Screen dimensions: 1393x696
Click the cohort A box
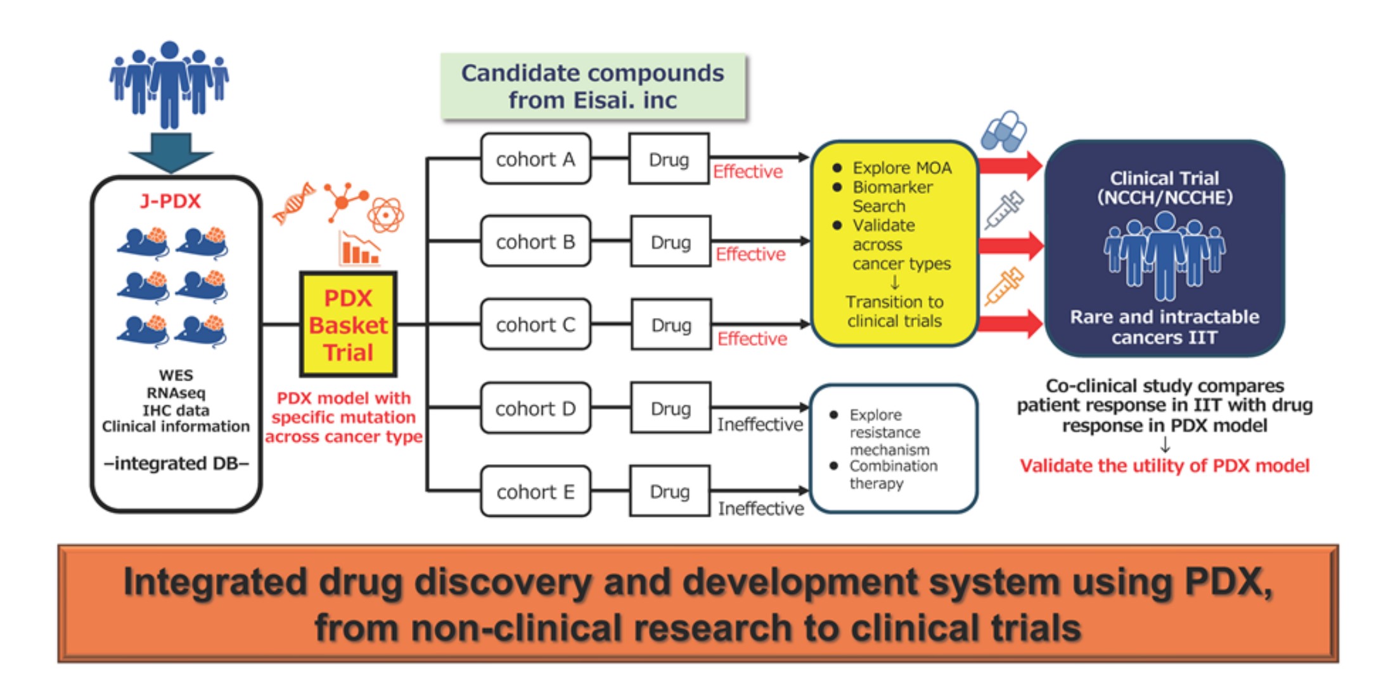[x=536, y=159]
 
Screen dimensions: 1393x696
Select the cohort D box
[x=536, y=408]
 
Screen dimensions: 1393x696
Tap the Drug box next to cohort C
[x=671, y=325]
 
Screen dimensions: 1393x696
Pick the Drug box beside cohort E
[x=669, y=491]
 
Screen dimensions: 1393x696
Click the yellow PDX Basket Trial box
[x=348, y=325]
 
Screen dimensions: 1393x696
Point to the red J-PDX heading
[x=170, y=201]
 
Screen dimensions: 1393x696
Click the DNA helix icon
[x=294, y=203]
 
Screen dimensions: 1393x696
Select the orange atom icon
[x=385, y=215]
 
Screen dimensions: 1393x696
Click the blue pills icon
[x=1004, y=132]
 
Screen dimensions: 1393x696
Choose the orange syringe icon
[x=1004, y=286]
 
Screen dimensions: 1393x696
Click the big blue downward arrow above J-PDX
[x=170, y=153]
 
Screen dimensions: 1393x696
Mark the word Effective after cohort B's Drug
[x=750, y=255]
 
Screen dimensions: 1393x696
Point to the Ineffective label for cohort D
[x=760, y=424]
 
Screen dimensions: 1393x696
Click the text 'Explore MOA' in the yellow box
[x=902, y=168]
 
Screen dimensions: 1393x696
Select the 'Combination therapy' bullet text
[x=894, y=474]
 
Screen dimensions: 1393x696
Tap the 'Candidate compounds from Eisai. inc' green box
[x=593, y=87]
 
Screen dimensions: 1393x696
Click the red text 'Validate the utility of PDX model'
[x=1164, y=466]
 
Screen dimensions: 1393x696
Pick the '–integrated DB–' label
[x=176, y=464]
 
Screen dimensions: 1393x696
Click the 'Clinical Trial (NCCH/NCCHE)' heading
[x=1165, y=188]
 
